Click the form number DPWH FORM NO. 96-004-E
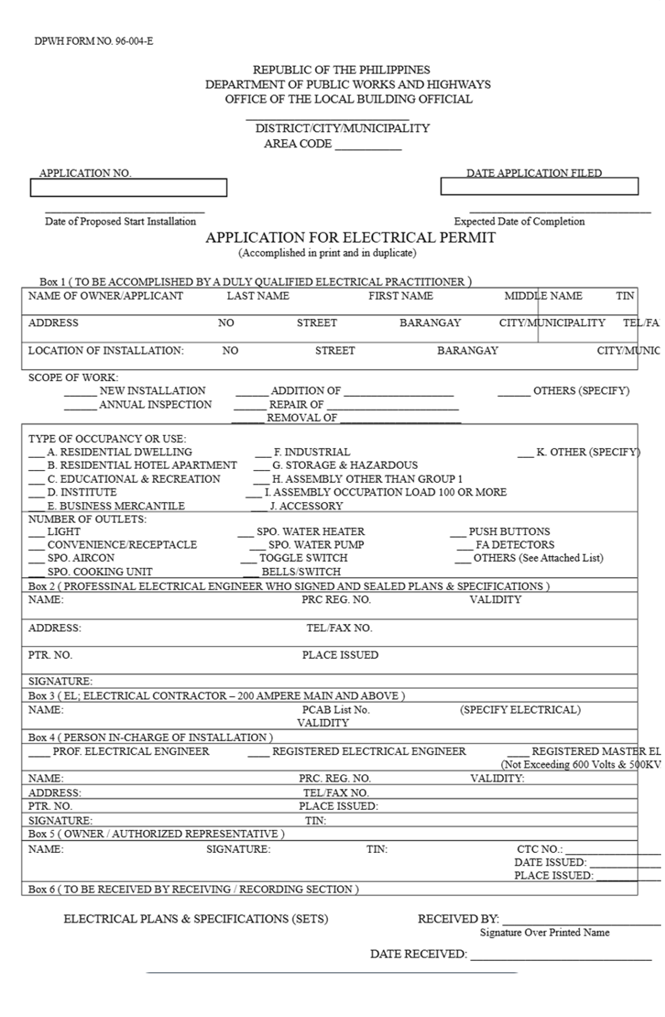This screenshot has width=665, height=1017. click(x=94, y=41)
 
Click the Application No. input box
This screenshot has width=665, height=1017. click(x=128, y=188)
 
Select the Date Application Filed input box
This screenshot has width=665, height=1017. click(x=539, y=187)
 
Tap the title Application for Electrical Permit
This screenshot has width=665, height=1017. click(x=350, y=238)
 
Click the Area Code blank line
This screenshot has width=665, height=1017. click(x=368, y=145)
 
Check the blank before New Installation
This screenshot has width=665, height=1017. click(x=80, y=392)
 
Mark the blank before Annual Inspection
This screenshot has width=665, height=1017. click(x=80, y=406)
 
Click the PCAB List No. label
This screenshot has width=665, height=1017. click(x=335, y=710)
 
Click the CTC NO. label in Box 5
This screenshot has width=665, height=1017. click(x=539, y=849)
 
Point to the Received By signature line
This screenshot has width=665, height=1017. click(x=581, y=921)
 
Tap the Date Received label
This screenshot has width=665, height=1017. click(x=418, y=954)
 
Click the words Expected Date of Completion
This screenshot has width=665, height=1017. click(x=519, y=222)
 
